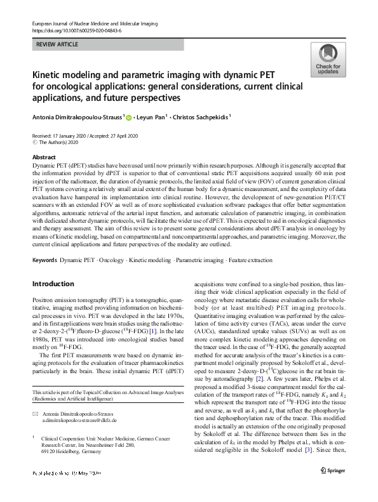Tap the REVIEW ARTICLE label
click(x=57, y=44)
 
